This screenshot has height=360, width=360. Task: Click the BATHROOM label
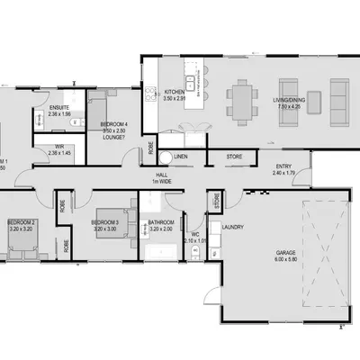tap(160, 223)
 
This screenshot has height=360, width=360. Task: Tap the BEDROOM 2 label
tap(22, 223)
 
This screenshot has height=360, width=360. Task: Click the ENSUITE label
tap(58, 111)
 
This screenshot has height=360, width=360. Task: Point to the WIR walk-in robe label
tap(58, 149)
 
